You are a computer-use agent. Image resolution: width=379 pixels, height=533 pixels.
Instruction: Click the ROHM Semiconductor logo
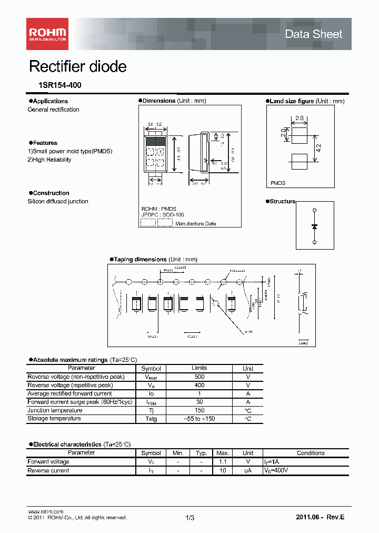(47, 34)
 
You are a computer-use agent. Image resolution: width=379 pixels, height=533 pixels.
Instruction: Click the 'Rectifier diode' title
(77, 67)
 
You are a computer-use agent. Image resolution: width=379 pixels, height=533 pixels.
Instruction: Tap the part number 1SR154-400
(54, 85)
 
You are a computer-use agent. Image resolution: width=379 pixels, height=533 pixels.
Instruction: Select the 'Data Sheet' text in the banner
(313, 34)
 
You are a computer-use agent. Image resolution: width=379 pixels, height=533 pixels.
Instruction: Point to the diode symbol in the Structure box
(314, 226)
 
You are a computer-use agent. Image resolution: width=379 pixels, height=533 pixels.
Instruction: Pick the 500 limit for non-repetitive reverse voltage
(200, 377)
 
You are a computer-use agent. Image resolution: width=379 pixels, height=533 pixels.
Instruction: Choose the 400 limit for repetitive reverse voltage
(200, 386)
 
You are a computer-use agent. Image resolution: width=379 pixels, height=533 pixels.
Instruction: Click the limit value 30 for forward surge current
(200, 402)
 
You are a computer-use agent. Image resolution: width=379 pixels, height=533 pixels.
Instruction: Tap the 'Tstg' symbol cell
(151, 419)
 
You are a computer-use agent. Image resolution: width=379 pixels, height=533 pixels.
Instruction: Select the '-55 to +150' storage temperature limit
(200, 419)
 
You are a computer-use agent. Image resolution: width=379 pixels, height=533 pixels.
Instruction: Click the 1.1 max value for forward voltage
(223, 462)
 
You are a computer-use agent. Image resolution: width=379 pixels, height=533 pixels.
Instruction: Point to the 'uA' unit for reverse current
(248, 471)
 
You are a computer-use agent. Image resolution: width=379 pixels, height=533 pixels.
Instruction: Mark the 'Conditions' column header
(311, 453)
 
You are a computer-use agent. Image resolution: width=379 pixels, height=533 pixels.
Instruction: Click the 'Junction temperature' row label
(55, 410)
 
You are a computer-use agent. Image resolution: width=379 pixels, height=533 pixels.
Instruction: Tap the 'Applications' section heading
(50, 101)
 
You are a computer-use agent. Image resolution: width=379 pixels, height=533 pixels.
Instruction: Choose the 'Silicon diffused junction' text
(58, 201)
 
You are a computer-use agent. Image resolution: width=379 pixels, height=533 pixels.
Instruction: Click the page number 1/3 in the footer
(190, 518)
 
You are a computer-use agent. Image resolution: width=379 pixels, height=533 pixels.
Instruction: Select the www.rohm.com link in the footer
(45, 511)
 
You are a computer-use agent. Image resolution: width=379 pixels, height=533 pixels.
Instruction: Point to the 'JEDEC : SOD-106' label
(159, 215)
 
